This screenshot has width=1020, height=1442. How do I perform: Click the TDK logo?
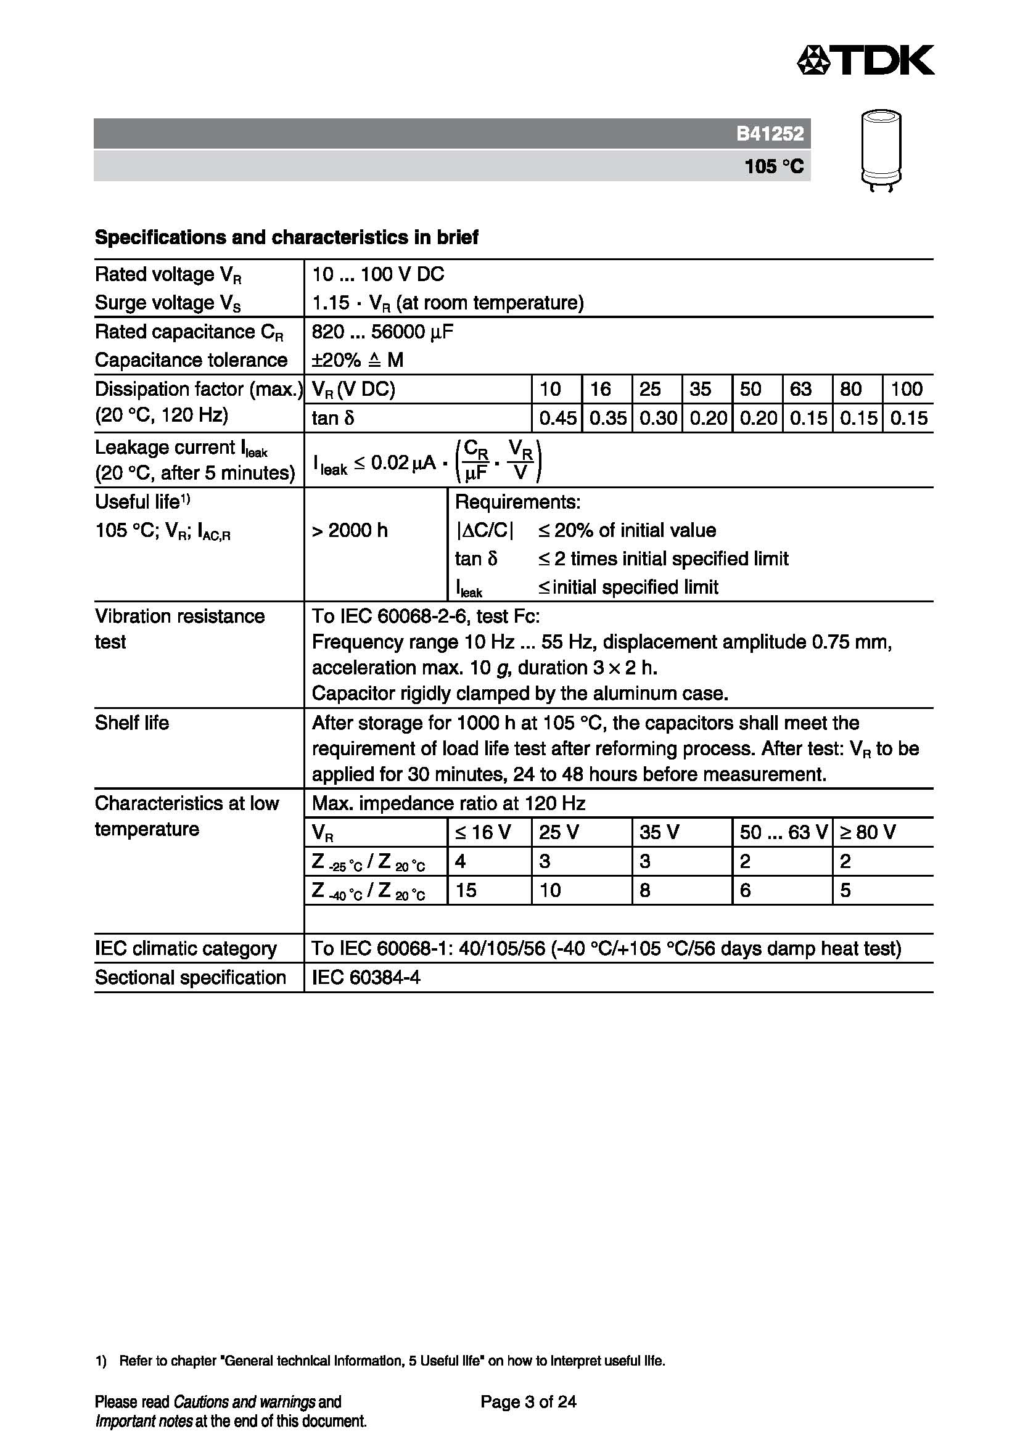click(865, 60)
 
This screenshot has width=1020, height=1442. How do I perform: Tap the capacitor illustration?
click(881, 149)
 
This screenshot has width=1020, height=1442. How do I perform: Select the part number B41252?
click(770, 134)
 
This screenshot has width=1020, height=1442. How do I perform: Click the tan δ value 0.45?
click(557, 418)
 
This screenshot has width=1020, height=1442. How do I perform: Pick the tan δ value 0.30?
click(657, 418)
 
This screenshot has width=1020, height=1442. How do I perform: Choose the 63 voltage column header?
click(800, 390)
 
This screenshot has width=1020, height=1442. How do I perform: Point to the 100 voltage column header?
click(907, 390)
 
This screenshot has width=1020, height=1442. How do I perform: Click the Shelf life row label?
click(132, 723)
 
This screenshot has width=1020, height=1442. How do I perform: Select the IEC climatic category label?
click(185, 948)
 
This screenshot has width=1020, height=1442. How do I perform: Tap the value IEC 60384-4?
click(366, 977)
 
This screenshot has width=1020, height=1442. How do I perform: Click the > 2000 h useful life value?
click(350, 531)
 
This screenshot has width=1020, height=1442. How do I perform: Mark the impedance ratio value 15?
click(466, 890)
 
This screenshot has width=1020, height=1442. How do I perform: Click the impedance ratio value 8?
click(645, 890)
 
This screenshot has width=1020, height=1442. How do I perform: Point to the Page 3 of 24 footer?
click(529, 1402)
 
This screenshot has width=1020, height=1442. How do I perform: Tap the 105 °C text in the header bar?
click(774, 166)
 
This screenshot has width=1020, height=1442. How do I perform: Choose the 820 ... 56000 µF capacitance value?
click(382, 332)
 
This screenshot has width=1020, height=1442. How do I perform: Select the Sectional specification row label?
click(191, 977)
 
